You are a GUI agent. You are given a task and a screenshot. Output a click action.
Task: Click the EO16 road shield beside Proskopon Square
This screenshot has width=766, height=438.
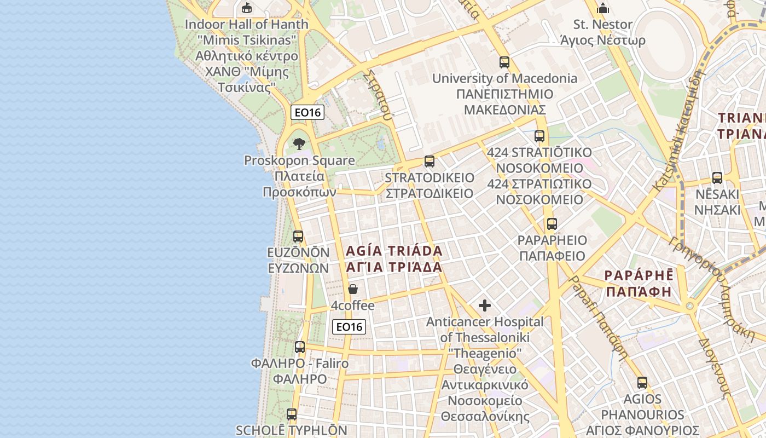307,112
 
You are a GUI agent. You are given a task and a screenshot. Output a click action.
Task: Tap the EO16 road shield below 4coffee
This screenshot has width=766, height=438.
349,327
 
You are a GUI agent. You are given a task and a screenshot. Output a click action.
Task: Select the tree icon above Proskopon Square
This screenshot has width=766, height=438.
299,144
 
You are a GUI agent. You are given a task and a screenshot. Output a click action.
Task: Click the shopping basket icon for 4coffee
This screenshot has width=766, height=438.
353,289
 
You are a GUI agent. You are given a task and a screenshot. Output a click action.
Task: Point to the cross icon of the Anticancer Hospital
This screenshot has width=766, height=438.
485,306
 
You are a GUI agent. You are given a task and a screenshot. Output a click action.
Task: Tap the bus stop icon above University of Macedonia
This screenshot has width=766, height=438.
504,62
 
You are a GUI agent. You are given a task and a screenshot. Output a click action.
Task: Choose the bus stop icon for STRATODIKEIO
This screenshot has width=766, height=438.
430,162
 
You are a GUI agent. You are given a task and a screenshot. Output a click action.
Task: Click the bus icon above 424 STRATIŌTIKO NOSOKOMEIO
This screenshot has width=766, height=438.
539,136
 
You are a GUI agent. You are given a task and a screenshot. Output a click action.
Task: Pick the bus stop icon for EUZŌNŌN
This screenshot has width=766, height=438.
298,237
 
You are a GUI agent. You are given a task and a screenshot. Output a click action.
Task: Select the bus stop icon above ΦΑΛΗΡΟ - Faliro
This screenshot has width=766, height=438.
300,347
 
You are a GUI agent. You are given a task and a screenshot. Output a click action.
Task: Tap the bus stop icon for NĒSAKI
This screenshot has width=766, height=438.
717,178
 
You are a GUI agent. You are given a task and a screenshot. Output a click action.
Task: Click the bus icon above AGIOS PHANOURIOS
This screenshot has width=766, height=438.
642,383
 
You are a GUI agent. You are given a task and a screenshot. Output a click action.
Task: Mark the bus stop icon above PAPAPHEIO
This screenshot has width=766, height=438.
552,224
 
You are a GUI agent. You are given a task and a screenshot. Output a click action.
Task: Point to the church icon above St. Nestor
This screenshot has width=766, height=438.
603,8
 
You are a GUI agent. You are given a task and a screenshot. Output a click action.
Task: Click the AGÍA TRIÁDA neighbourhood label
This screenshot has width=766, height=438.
394,259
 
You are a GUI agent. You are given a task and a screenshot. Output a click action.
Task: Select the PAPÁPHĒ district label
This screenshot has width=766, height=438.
639,283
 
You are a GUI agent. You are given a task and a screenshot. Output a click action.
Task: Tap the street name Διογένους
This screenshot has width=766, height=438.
715,366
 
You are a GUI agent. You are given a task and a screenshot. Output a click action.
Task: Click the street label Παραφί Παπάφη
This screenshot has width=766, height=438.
599,318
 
